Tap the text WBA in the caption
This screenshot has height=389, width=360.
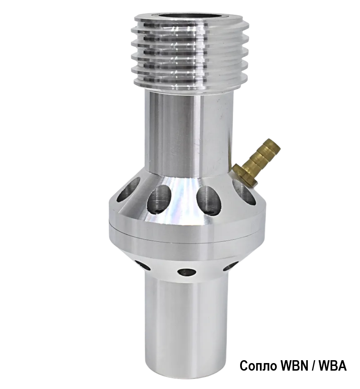coord(334,366)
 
